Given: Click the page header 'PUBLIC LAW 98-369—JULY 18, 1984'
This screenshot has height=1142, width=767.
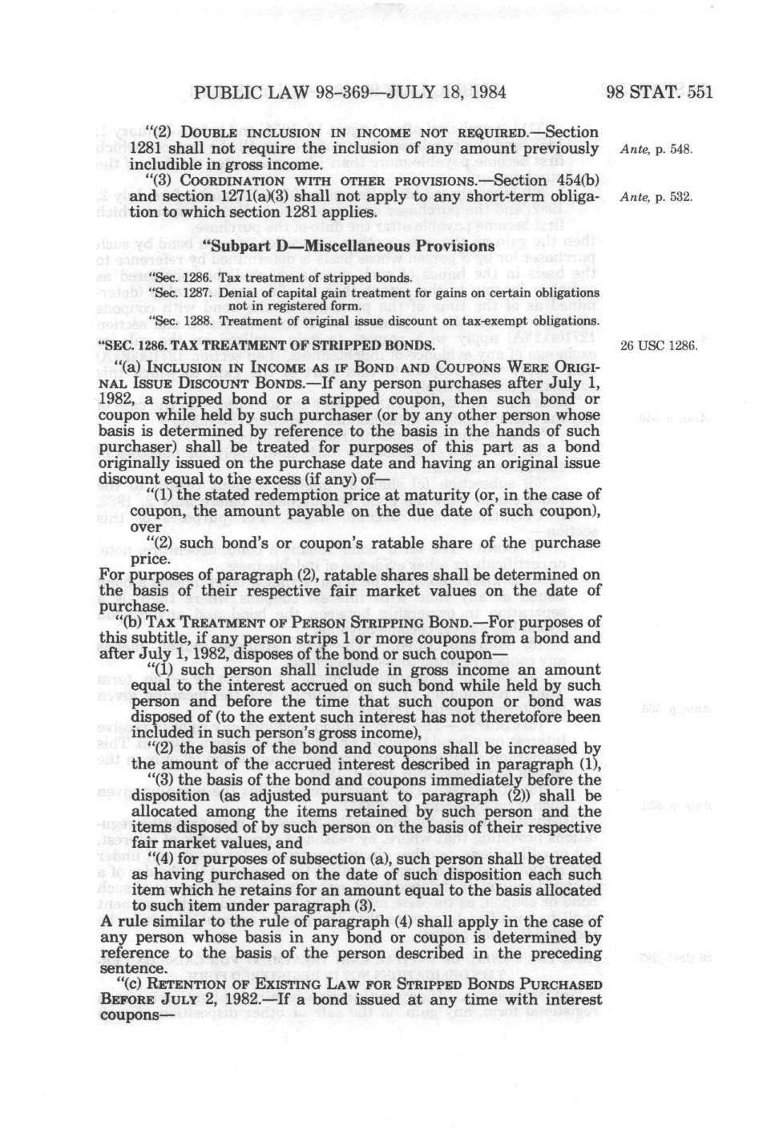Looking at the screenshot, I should click(349, 91).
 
